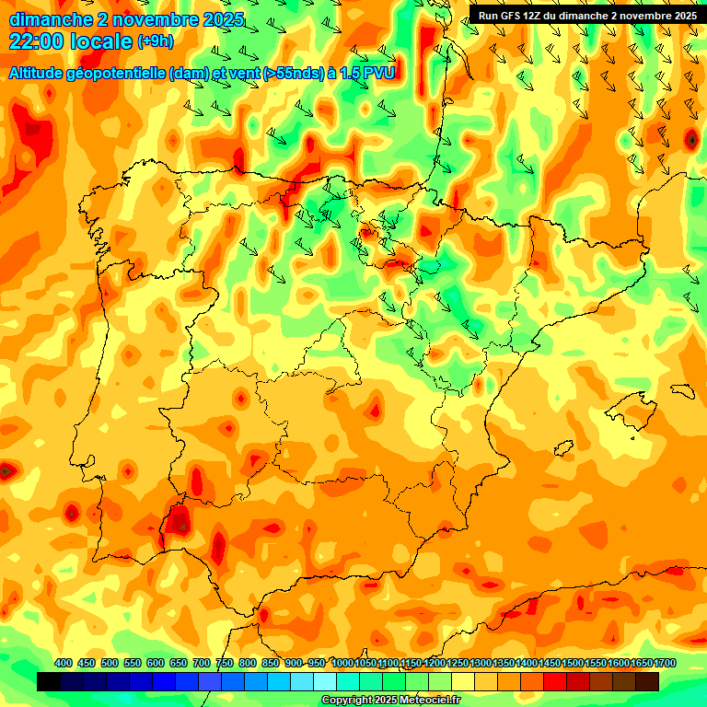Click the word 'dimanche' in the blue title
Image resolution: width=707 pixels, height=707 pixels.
tap(51, 19)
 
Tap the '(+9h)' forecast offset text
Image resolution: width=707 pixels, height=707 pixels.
tap(154, 41)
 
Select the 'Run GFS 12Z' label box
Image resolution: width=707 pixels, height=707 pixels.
tap(586, 15)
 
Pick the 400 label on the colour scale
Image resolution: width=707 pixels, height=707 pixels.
tap(64, 663)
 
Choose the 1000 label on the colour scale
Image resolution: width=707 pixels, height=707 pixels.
tap(342, 663)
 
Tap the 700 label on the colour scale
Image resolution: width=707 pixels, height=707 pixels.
tap(202, 663)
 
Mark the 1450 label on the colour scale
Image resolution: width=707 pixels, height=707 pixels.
tap(550, 663)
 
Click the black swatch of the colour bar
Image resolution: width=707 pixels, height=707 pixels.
tap(49, 681)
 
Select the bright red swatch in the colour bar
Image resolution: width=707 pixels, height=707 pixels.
tap(555, 681)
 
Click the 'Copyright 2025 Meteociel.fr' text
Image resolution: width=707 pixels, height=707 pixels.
tap(390, 700)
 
